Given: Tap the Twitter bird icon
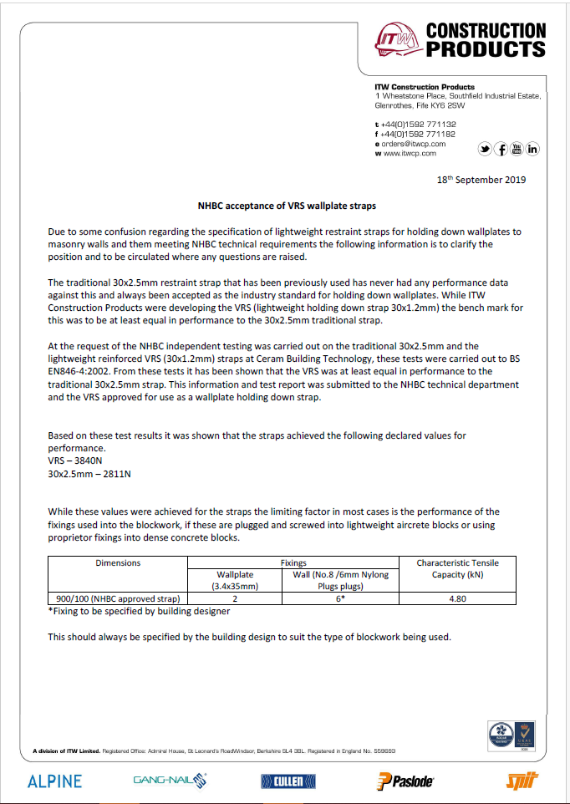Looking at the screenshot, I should [x=485, y=149].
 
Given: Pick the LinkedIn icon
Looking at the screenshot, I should [x=532, y=149].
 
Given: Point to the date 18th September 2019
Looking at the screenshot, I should [x=481, y=180].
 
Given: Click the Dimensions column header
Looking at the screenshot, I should [x=118, y=563].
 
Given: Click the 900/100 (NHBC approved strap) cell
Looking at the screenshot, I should [x=118, y=598].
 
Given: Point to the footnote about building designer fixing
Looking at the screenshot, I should [x=139, y=611].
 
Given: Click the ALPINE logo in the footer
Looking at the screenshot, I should [x=55, y=781].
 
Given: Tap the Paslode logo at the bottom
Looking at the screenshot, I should [x=405, y=781].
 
